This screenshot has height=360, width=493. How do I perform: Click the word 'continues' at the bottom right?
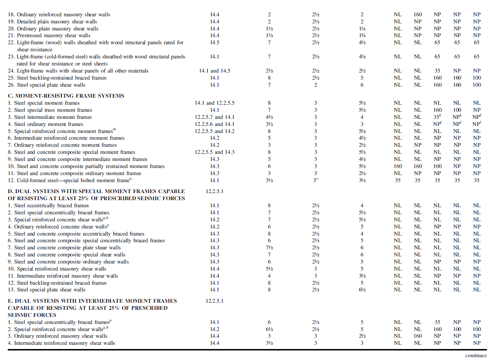click(x=476, y=355)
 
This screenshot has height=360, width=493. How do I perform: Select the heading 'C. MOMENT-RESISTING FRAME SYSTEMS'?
click(x=66, y=96)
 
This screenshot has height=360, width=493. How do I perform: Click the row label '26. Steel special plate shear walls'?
click(x=46, y=85)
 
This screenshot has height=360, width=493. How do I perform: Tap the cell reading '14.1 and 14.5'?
click(x=214, y=71)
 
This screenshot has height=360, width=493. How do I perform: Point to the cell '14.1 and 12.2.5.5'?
click(x=214, y=103)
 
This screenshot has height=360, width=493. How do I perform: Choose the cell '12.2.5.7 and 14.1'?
click(x=214, y=117)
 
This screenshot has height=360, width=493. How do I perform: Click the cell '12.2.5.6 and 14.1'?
click(x=214, y=124)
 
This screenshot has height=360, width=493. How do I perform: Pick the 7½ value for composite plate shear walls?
click(x=269, y=248)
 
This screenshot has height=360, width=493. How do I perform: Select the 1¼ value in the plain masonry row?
click(x=362, y=29)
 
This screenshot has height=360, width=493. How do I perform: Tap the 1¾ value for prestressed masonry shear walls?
click(x=362, y=35)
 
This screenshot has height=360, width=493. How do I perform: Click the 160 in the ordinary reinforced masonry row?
click(x=418, y=14)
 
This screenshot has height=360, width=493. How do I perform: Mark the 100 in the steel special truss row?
click(x=457, y=110)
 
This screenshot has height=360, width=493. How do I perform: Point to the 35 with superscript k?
click(x=437, y=117)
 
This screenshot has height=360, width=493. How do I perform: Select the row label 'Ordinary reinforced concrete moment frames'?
click(x=62, y=145)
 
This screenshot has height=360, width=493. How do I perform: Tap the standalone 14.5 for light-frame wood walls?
click(x=214, y=42)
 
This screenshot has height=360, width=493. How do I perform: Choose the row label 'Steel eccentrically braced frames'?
click(x=48, y=205)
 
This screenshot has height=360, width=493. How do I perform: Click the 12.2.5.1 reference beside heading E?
click(x=214, y=301)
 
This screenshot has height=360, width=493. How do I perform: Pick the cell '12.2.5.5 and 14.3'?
click(x=214, y=152)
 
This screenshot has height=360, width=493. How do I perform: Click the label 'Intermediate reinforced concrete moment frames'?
click(x=66, y=138)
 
